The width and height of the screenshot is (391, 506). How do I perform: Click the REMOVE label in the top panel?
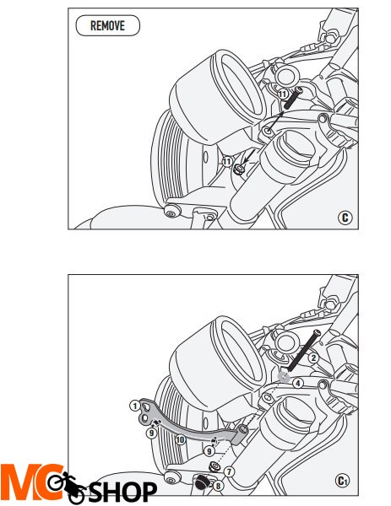[x=107, y=25]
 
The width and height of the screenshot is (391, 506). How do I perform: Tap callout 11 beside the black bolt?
[x=283, y=94]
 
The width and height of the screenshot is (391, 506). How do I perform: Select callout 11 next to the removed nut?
[x=227, y=161]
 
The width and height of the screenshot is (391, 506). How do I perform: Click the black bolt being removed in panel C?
[x=293, y=98]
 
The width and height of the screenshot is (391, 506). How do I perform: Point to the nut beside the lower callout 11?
[x=239, y=170]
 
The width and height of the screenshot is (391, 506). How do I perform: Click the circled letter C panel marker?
[x=345, y=218]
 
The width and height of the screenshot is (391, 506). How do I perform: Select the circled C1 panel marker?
[x=342, y=481]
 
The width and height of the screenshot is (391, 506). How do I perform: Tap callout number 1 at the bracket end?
[x=135, y=406]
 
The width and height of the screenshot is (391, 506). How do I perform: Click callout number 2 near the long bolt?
[x=313, y=358]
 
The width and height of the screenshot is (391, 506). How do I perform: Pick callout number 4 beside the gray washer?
[x=298, y=383]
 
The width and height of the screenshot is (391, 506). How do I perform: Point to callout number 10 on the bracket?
[x=180, y=439]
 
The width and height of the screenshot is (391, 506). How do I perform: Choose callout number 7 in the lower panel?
[x=229, y=471]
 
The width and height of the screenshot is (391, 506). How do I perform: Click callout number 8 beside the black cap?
[x=219, y=486]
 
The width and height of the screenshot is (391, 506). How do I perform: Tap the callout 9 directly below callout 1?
[x=151, y=433]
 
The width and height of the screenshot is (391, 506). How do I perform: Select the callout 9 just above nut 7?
[x=209, y=451]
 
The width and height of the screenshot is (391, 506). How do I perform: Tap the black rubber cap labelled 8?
[x=202, y=482]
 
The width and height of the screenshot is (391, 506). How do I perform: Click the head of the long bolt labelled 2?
[x=317, y=333]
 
